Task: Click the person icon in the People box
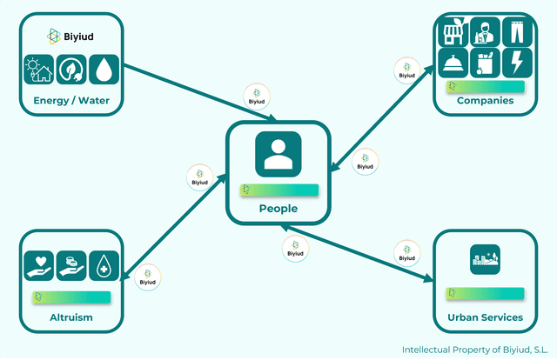[278, 154]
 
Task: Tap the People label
[278, 209]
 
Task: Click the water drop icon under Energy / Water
[105, 69]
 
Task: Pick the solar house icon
[38, 69]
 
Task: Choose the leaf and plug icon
[71, 69]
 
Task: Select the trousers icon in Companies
[515, 32]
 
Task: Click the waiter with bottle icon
[485, 32]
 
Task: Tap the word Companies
[485, 101]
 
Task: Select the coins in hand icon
[71, 266]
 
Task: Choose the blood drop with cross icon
[104, 266]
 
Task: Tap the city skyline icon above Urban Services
[485, 257]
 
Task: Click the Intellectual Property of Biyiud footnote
[473, 350]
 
